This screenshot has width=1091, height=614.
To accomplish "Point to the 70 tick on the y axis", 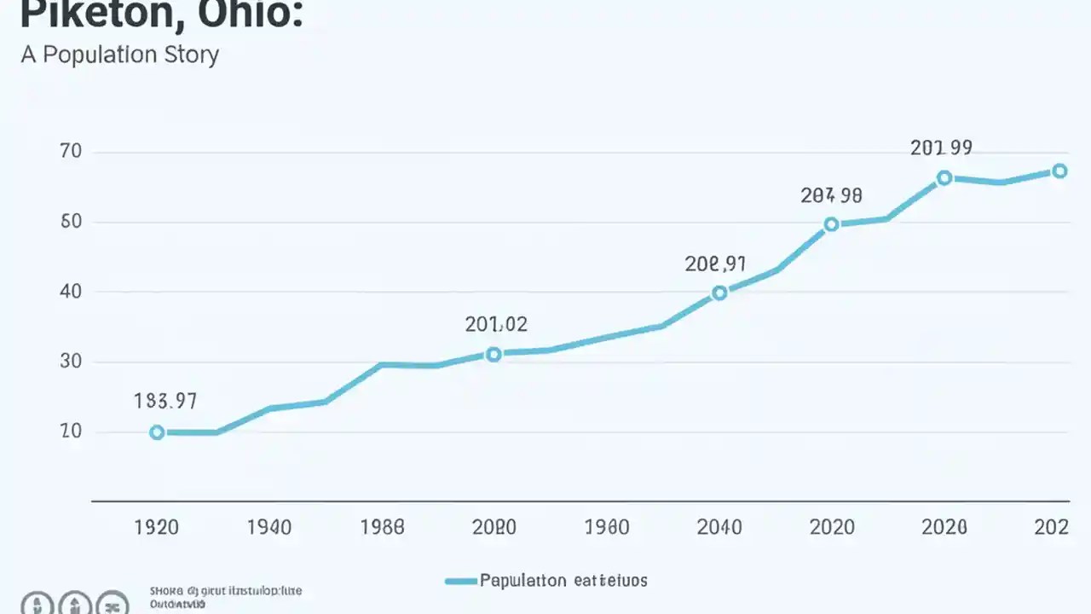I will click(70, 152).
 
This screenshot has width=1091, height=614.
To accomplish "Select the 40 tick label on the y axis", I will click(70, 292).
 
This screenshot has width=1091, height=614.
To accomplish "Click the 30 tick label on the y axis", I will click(70, 362).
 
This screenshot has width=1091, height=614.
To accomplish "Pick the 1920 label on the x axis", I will click(157, 527).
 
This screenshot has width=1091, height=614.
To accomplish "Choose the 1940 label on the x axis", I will click(269, 527).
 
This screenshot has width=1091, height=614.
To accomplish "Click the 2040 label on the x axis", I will click(719, 527).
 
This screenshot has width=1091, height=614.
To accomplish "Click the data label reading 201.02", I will click(496, 324).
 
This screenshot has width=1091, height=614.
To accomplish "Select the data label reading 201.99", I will click(941, 148).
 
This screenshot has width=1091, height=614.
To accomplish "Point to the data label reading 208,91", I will click(716, 264).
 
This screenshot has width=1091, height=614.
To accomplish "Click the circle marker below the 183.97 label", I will click(157, 432).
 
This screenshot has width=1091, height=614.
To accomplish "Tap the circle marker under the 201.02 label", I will click(493, 354).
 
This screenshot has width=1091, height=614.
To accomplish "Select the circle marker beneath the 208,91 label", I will click(719, 293).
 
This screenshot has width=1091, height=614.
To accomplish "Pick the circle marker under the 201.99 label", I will click(944, 177).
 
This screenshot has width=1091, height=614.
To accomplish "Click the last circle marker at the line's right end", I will click(1059, 171).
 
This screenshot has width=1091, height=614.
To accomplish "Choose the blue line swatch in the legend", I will click(459, 581).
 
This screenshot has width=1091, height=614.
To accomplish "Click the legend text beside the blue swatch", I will click(563, 581).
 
